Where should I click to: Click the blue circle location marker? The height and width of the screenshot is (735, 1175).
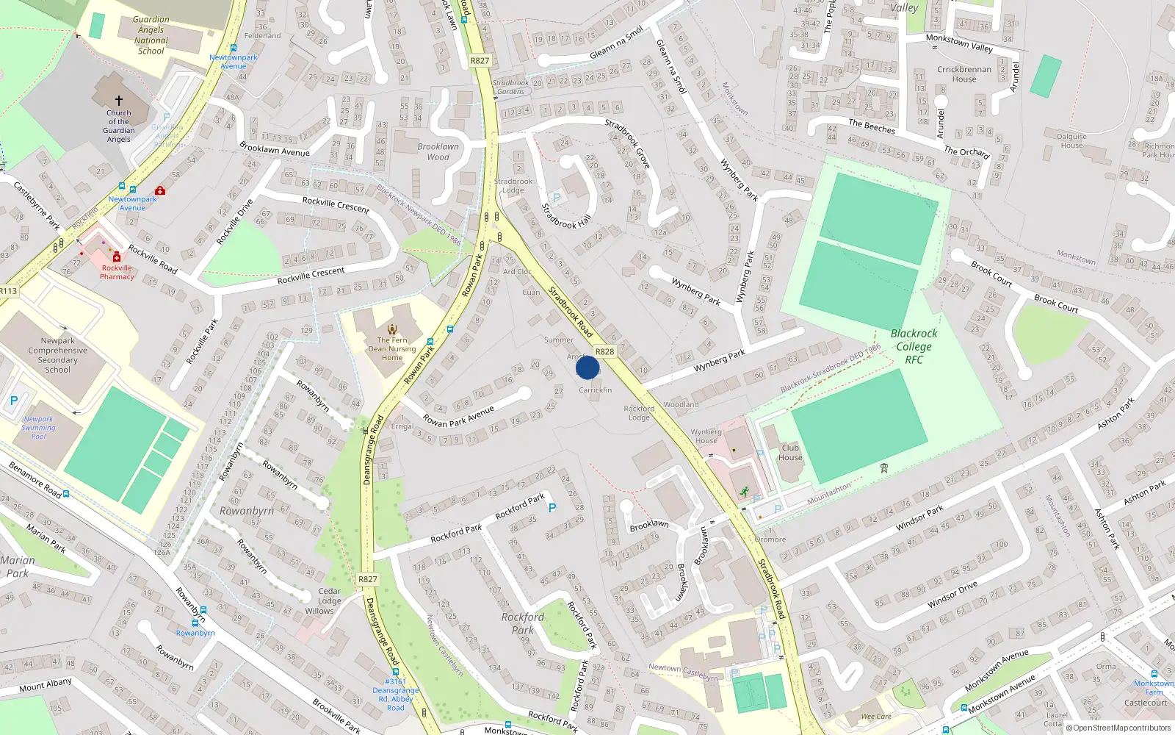tap(587, 367)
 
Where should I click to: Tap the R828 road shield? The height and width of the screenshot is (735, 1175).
tap(604, 352)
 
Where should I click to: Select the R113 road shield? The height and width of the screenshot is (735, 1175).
tap(8, 291)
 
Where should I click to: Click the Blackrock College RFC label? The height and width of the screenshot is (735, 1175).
tap(914, 346)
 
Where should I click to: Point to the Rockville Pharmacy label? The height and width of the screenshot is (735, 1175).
tap(117, 272)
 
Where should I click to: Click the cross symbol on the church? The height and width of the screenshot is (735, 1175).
tap(119, 100)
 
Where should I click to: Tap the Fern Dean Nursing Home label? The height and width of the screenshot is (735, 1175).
tap(392, 348)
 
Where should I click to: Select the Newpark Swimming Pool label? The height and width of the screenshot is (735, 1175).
tap(38, 428)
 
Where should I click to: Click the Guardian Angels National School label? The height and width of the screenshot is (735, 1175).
tap(151, 35)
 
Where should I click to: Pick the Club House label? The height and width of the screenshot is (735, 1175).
tap(790, 452)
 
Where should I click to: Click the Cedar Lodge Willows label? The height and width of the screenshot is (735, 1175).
tap(320, 600)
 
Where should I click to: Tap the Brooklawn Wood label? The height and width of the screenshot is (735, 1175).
tap(438, 151)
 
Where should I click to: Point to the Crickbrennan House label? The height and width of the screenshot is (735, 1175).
tap(964, 74)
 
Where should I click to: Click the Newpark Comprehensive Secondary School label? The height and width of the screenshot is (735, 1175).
tap(57, 355)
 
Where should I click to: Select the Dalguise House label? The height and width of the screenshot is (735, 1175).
tap(1071, 140)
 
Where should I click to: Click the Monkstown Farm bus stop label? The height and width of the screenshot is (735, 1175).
tap(1153, 687)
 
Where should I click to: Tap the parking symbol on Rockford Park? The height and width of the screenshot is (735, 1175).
tap(552, 508)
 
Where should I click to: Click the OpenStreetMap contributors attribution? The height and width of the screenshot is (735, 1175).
tap(1118, 728)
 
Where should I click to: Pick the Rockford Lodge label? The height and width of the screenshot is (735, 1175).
tap(639, 413)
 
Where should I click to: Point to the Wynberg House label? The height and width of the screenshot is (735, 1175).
tap(706, 436)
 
